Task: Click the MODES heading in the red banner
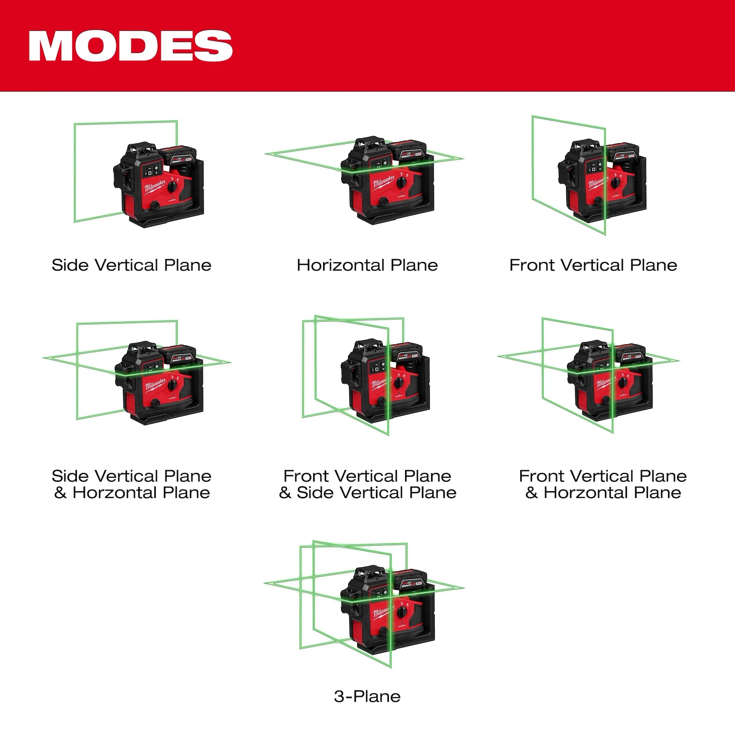(x=130, y=46)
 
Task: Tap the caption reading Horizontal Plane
(x=367, y=265)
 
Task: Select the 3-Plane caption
(x=367, y=696)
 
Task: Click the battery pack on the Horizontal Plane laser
(x=407, y=150)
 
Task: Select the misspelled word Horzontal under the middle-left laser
(x=114, y=493)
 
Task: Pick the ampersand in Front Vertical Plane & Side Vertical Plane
(x=285, y=493)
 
